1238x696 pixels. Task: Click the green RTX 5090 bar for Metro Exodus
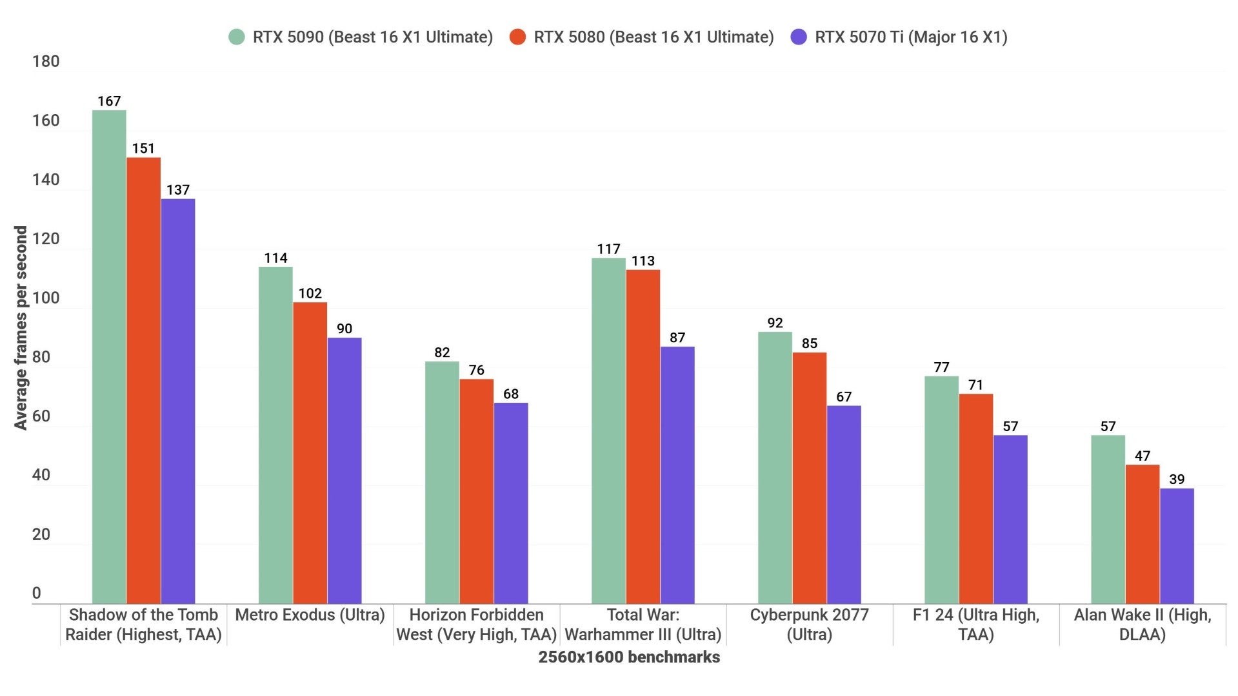pyautogui.click(x=275, y=435)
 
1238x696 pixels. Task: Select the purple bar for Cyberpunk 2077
pyautogui.click(x=844, y=505)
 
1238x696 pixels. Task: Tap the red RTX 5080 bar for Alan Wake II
pyautogui.click(x=1142, y=534)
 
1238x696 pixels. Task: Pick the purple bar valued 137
pyautogui.click(x=177, y=401)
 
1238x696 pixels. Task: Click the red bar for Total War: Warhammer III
pyautogui.click(x=643, y=436)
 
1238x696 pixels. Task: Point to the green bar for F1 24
pyautogui.click(x=941, y=490)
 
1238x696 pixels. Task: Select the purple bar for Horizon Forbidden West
pyautogui.click(x=510, y=503)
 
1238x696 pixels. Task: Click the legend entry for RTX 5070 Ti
pyautogui.click(x=910, y=37)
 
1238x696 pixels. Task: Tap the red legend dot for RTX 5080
pyautogui.click(x=517, y=37)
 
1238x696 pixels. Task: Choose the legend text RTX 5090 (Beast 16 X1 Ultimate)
pyautogui.click(x=372, y=37)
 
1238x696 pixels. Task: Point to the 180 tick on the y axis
pyautogui.click(x=46, y=61)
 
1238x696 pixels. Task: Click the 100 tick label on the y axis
pyautogui.click(x=46, y=298)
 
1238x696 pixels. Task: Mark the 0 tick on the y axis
pyautogui.click(x=37, y=593)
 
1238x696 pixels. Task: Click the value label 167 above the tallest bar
pyautogui.click(x=109, y=101)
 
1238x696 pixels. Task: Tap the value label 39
pyautogui.click(x=1176, y=479)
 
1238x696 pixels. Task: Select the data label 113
pyautogui.click(x=643, y=261)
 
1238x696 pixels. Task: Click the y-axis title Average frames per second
pyautogui.click(x=21, y=327)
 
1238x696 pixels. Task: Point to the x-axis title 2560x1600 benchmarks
pyautogui.click(x=629, y=657)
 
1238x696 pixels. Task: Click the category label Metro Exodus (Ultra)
pyautogui.click(x=310, y=615)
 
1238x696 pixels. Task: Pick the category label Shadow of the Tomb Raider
pyautogui.click(x=143, y=624)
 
